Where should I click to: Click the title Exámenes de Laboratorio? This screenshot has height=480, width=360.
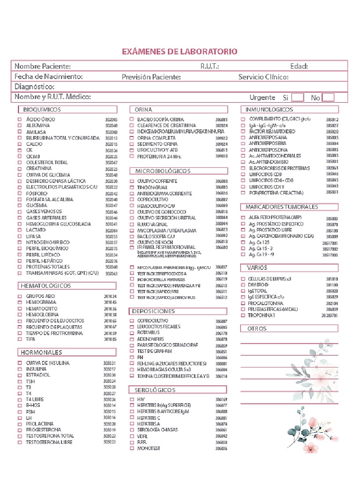[x=180, y=52]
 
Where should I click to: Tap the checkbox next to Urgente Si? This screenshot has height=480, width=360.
[x=297, y=97]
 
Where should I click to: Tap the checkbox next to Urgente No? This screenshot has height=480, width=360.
[x=328, y=97]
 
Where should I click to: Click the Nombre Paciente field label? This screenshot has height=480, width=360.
[x=43, y=67]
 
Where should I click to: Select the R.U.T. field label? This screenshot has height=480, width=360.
[x=210, y=67]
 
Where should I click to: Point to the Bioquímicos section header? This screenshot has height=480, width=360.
[x=42, y=109]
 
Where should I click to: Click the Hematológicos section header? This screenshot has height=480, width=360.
[x=45, y=285]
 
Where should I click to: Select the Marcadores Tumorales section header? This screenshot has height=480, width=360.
[x=282, y=207]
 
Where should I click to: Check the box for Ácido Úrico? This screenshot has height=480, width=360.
[x=20, y=120]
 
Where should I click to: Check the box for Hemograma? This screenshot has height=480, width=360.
[x=20, y=303]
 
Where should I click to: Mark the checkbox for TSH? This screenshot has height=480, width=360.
[x=20, y=382]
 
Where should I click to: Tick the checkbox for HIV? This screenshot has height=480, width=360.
[x=132, y=399]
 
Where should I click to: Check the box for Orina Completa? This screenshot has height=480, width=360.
[x=132, y=138]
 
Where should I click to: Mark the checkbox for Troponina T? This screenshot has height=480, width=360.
[x=243, y=315]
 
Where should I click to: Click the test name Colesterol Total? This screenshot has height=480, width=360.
[x=47, y=163]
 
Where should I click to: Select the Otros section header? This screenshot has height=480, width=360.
[x=257, y=329]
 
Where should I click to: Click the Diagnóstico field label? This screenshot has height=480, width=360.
[x=35, y=87]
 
